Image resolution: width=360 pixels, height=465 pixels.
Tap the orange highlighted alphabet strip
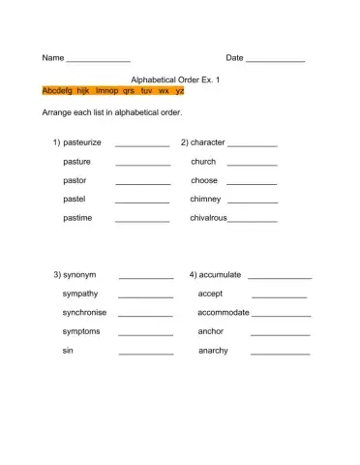pos(113,90)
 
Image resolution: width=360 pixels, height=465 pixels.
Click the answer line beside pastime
pos(142,221)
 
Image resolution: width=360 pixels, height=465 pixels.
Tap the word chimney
pos(206,199)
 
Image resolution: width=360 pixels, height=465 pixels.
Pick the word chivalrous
pos(208,218)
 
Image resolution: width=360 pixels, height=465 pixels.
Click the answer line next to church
pos(252,165)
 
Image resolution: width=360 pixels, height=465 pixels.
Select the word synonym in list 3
pos(79,274)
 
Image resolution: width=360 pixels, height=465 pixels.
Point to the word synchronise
pos(85,312)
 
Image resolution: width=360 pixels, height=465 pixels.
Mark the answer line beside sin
pos(146,353)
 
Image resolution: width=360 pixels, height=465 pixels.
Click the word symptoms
pos(81,331)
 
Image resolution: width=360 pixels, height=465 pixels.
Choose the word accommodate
pos(224,312)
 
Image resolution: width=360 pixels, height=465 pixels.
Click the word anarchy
pos(213,350)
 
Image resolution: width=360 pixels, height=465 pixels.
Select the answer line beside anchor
pos(280,334)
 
